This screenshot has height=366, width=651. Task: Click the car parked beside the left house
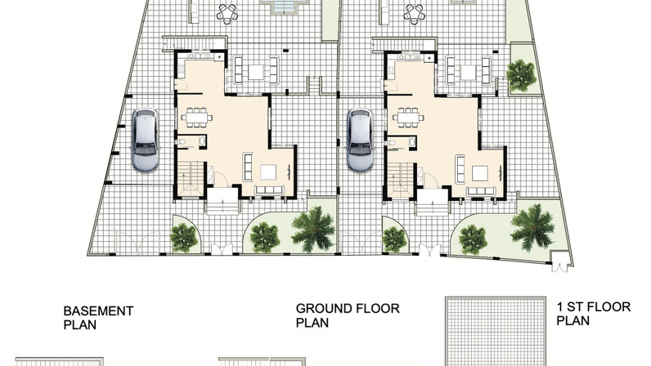(x=145, y=140)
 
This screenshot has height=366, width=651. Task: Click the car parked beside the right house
(x=360, y=140)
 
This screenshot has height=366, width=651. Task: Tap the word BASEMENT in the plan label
(x=98, y=310)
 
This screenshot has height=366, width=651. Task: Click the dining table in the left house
(x=196, y=118)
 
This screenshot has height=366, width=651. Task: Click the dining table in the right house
(x=409, y=118)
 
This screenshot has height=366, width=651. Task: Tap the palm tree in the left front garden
(x=313, y=229)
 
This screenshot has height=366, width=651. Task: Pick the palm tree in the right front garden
(x=532, y=227)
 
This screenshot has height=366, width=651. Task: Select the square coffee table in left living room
(x=268, y=172)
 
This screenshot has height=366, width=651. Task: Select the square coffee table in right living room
(x=480, y=172)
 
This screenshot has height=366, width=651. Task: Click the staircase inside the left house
(x=191, y=178)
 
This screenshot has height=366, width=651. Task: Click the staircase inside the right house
(x=401, y=179)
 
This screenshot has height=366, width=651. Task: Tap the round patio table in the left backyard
(x=227, y=13)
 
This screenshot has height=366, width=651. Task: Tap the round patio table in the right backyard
(x=415, y=13)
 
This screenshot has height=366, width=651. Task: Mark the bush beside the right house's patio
(x=521, y=75)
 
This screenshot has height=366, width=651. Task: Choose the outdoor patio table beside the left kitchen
(x=256, y=72)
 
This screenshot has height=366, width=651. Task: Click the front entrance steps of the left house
(x=222, y=201)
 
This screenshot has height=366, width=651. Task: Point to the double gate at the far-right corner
(x=559, y=261)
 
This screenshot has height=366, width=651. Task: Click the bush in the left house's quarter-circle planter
(x=183, y=238)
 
